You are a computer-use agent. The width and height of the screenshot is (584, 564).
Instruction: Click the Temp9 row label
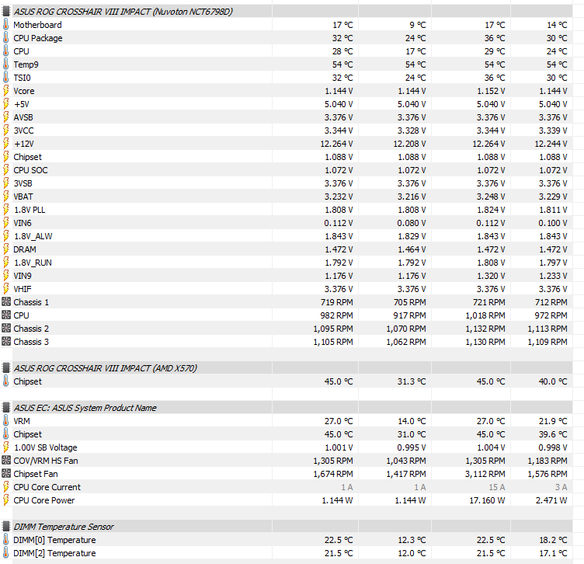point(26,64)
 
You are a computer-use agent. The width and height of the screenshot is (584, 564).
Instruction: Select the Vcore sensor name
point(24,91)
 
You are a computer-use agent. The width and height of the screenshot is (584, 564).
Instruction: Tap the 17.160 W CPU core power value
point(488,500)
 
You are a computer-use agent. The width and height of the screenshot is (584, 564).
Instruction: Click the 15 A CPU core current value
point(497,487)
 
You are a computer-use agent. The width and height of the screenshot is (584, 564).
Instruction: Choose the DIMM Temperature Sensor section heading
point(64,527)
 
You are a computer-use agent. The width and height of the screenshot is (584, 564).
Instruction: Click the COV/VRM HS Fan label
point(47,461)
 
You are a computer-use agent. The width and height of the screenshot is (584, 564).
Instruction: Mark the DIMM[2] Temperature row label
point(54,553)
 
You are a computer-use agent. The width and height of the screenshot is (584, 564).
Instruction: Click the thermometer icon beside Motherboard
point(6,25)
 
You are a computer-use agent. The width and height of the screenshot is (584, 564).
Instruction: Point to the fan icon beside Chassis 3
point(6,342)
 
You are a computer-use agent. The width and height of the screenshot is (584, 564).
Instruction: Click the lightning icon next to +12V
point(6,144)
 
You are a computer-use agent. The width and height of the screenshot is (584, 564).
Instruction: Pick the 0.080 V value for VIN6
point(410,223)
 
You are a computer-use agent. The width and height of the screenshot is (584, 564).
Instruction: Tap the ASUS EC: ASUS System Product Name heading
point(85,408)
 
